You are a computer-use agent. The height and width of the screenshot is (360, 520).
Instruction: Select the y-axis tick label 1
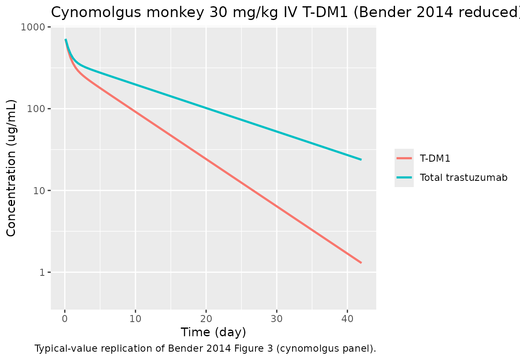[42, 272]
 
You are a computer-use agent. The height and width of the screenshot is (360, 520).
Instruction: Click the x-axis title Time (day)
[213, 332]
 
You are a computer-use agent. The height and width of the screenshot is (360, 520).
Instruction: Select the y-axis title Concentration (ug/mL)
[12, 168]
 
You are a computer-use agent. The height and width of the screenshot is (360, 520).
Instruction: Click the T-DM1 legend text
[435, 158]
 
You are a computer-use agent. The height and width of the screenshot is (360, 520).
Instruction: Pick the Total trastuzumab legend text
[464, 177]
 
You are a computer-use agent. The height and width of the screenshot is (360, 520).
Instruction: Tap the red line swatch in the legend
[404, 158]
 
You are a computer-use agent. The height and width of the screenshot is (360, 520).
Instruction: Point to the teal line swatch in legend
[404, 177]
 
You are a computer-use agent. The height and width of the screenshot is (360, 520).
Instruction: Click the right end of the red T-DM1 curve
[361, 262]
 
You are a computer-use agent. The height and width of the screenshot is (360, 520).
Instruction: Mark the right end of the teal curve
[361, 160]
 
